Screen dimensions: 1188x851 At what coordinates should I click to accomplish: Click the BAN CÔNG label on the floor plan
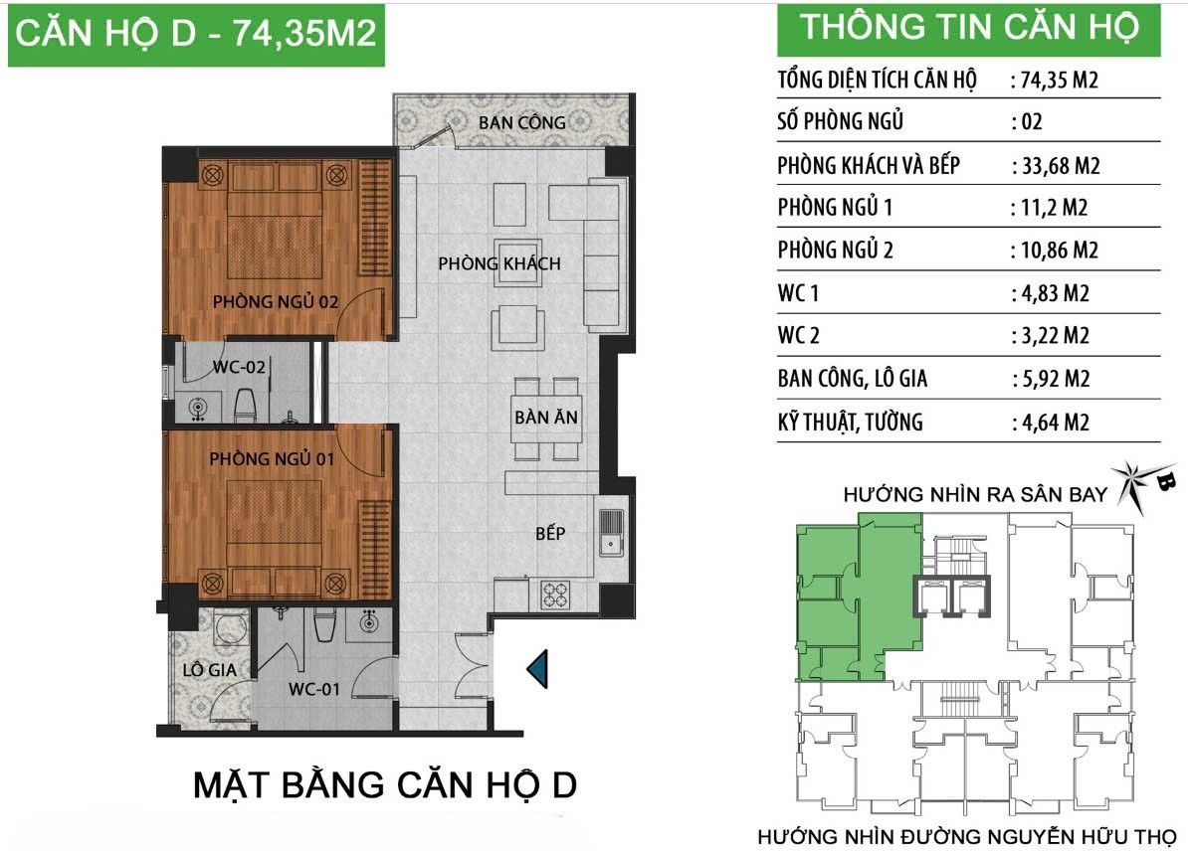(x=521, y=122)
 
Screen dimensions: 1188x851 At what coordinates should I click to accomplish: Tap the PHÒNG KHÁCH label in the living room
(x=499, y=263)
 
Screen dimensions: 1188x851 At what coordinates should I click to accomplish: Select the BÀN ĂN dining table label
(x=545, y=418)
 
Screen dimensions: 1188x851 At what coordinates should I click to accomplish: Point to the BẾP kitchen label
(x=550, y=533)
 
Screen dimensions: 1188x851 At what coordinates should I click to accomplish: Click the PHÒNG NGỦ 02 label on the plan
(x=275, y=301)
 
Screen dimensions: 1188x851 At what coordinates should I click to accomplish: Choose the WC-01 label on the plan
(x=313, y=689)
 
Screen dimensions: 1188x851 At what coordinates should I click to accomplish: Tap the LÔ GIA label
(x=209, y=670)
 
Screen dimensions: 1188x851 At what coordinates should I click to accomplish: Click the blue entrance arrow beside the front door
(x=537, y=668)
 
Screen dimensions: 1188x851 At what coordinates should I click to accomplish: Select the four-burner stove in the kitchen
(x=554, y=596)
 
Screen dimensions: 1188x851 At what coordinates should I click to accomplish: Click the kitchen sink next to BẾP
(x=611, y=533)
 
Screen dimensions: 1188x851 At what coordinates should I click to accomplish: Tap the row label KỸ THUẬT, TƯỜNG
(x=850, y=422)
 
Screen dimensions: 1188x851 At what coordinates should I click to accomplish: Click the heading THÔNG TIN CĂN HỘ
(x=970, y=27)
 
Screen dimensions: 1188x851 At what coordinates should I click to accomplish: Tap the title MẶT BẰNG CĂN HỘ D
(x=385, y=784)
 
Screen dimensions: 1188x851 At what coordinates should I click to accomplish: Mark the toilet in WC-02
(x=246, y=405)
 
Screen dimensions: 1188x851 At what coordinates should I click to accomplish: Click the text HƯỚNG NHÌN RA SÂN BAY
(x=975, y=495)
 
